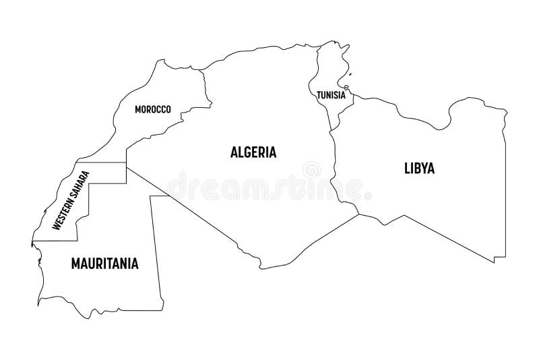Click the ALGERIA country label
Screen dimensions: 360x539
[x=253, y=152]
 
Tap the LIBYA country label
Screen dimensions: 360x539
[x=419, y=168]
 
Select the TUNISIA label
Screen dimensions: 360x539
[x=331, y=95]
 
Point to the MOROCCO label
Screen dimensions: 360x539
[x=152, y=109]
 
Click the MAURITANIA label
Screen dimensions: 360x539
[x=104, y=263]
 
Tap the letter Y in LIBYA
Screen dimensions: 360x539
[x=422, y=168]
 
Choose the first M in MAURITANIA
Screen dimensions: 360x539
[x=75, y=263]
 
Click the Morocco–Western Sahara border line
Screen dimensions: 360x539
[x=101, y=162]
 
